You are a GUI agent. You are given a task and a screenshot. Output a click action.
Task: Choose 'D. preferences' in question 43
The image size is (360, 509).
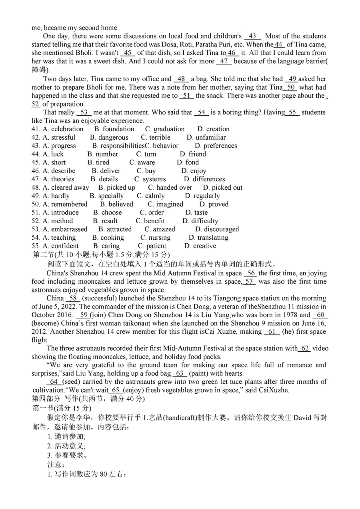[x=216, y=146]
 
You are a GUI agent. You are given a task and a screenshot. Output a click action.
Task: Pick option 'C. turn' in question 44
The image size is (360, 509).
[x=146, y=154]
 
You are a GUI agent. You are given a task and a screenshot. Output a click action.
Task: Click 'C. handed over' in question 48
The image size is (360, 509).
[x=170, y=188]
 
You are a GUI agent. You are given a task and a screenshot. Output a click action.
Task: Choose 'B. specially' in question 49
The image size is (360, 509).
[x=106, y=196]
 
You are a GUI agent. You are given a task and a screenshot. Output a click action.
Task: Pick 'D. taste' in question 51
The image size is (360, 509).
[x=196, y=213]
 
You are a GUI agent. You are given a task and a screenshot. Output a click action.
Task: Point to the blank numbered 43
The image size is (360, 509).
[x=252, y=36]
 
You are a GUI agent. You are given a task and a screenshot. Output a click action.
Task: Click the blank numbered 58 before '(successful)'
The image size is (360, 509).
[x=73, y=299]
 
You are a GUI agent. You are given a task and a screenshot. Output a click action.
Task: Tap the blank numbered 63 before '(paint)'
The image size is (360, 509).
[x=180, y=374]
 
